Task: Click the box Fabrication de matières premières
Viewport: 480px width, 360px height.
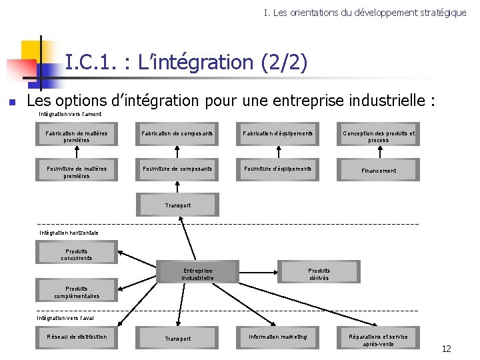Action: click(x=77, y=137)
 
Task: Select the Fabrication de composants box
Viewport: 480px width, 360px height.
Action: click(x=177, y=136)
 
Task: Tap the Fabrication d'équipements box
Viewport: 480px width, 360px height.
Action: click(x=278, y=136)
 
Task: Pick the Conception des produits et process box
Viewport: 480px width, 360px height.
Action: click(x=378, y=137)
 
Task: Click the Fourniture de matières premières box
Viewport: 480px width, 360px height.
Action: click(x=77, y=171)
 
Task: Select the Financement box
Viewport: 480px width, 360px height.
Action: click(x=378, y=171)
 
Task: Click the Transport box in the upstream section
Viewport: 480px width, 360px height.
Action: click(x=177, y=205)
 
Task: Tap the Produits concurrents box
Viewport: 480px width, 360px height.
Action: click(x=77, y=255)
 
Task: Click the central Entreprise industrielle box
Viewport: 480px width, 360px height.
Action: click(x=197, y=273)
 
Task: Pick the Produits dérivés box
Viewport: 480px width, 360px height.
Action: click(x=319, y=273)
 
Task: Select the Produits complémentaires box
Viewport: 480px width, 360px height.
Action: click(x=77, y=292)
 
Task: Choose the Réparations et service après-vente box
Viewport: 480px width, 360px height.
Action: click(x=378, y=339)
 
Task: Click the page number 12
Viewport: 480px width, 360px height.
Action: click(x=446, y=349)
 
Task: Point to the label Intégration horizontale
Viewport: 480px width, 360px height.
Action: click(x=69, y=233)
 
